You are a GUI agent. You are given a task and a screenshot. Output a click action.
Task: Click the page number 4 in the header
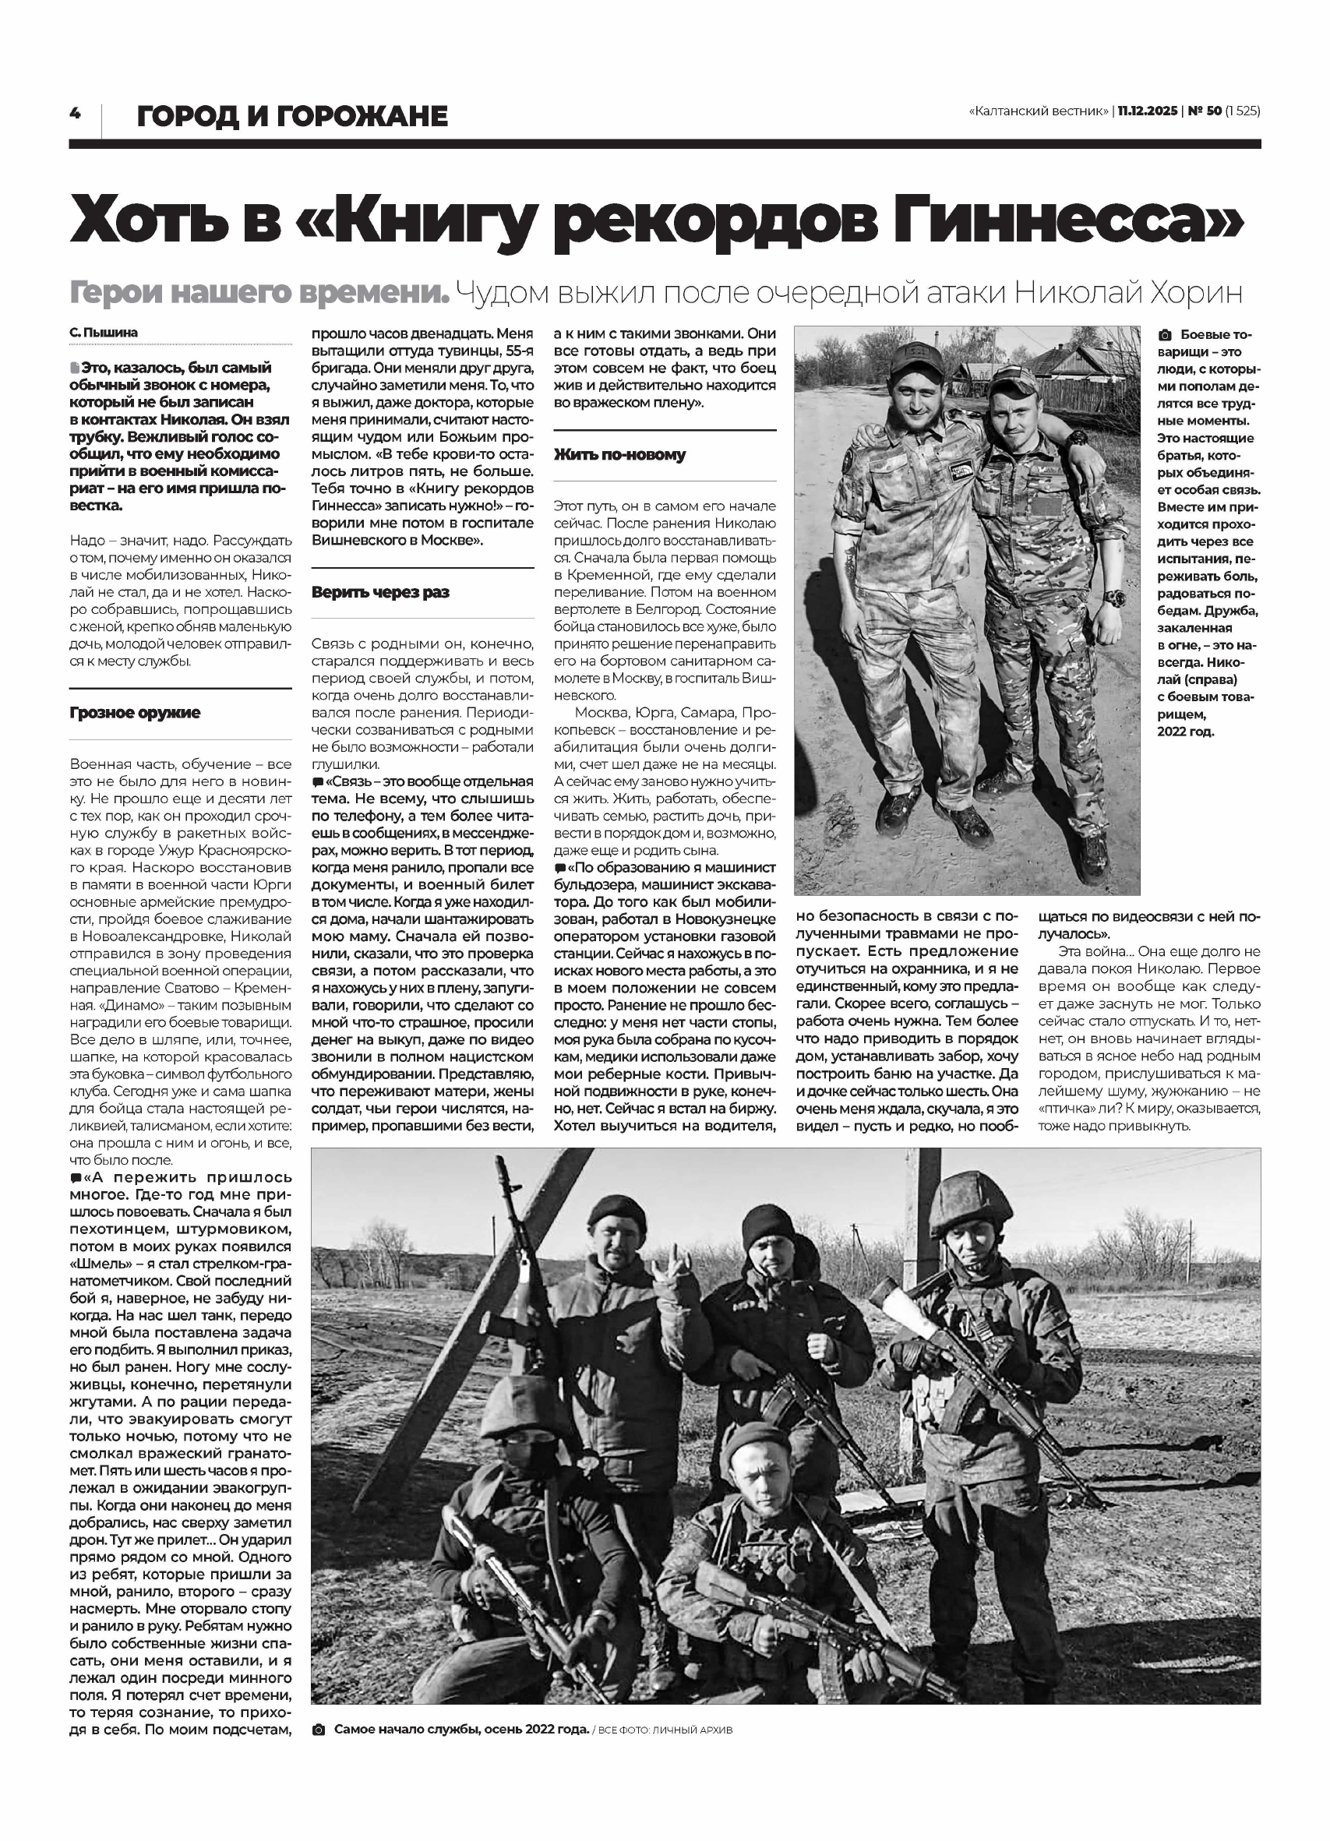(x=75, y=114)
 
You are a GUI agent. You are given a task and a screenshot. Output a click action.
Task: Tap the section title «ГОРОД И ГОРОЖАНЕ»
(x=292, y=117)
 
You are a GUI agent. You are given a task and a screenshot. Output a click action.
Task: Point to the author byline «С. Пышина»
(x=104, y=333)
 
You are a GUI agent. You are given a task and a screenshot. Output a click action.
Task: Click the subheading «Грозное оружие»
(x=135, y=713)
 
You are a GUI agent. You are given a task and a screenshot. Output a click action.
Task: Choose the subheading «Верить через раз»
(x=380, y=593)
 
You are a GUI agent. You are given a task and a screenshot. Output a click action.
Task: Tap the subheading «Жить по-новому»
(x=619, y=454)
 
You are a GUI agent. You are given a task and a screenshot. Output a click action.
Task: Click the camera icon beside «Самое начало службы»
(x=319, y=1730)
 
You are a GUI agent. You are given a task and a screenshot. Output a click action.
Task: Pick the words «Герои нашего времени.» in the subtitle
(x=259, y=292)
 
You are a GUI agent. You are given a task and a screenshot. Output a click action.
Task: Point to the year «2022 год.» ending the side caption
(x=1187, y=732)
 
